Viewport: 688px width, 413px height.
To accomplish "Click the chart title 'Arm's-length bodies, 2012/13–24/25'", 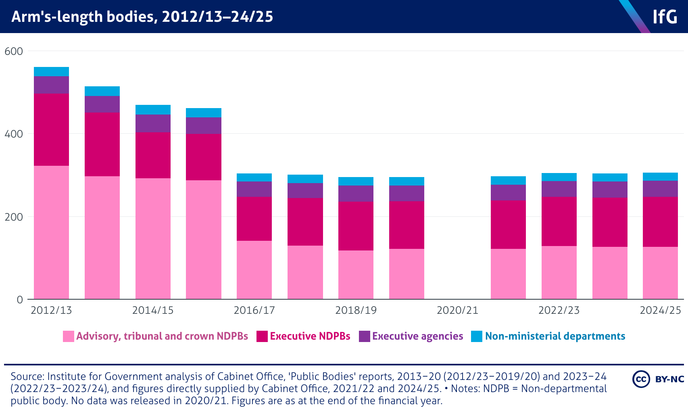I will tap(142, 17).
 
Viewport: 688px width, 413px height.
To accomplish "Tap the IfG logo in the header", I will tap(665, 17).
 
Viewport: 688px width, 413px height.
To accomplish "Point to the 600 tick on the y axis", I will tap(14, 51).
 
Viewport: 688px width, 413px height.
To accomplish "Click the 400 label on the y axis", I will tap(14, 134).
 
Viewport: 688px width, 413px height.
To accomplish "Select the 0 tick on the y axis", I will tap(19, 300).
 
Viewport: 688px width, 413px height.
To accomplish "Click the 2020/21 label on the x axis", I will tap(457, 310).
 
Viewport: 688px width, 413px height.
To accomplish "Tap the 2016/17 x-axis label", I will tap(254, 310).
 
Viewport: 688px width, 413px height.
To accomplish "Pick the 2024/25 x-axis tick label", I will tap(660, 310).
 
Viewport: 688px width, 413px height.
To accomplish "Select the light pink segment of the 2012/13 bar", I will tap(51, 232).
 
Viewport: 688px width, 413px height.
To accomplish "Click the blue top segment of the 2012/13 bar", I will tap(51, 71).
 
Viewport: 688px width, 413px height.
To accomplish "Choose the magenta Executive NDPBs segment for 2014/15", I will tap(153, 155).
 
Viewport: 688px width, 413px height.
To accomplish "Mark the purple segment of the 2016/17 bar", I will tap(254, 189).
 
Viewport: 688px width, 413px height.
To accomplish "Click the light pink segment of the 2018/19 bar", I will tap(356, 274).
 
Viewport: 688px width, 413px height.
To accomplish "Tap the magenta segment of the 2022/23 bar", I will tap(559, 221).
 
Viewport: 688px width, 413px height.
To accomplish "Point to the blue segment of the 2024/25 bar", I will tap(660, 177).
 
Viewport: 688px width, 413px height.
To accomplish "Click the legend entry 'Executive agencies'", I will tap(417, 336).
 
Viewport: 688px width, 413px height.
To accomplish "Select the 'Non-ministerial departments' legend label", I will tap(555, 336).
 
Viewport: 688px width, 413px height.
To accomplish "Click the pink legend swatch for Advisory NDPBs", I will tap(69, 336).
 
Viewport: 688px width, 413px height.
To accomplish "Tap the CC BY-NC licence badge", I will tap(658, 379).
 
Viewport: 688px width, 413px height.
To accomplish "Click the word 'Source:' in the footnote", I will tap(27, 377).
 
